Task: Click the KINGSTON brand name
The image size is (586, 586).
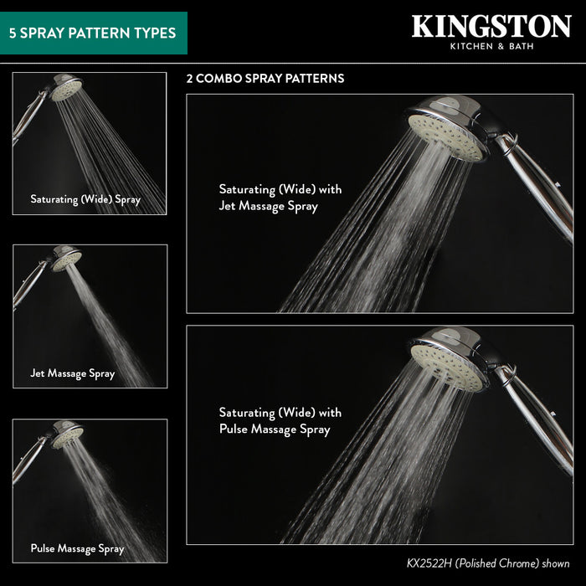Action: (491, 27)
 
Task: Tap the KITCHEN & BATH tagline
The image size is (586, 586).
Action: (491, 46)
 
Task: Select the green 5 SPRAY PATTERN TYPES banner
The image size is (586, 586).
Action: (94, 33)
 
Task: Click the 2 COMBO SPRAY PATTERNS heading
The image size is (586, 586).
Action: (265, 79)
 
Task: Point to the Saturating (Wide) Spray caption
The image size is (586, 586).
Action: (85, 199)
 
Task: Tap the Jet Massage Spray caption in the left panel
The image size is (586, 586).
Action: (73, 373)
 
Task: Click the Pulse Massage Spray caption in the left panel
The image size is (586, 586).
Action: (77, 548)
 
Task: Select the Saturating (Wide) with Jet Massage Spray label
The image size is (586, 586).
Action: (280, 198)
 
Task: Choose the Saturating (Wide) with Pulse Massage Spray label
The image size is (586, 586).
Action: (280, 421)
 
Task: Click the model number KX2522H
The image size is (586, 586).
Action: (429, 563)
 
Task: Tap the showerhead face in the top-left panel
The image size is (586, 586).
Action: (66, 90)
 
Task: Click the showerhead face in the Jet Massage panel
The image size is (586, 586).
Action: (66, 261)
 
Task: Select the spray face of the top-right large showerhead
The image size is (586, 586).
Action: (447, 138)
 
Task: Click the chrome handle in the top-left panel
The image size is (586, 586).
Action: (28, 116)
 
